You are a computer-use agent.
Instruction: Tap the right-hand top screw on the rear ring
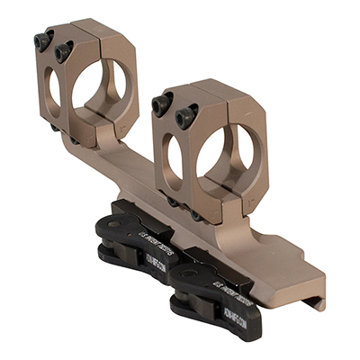pos(63,52)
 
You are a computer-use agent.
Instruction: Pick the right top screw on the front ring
pos(187,113)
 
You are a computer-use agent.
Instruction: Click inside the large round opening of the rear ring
pos(100,91)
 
